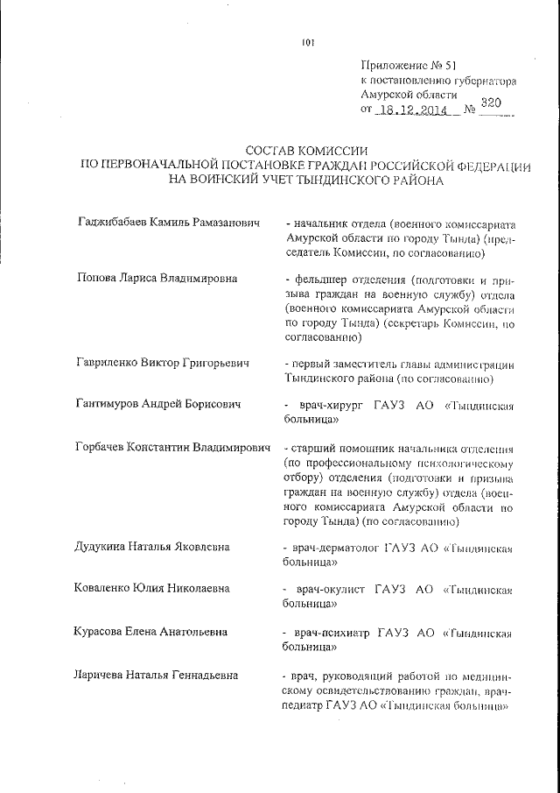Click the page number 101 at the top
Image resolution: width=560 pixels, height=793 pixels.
306,39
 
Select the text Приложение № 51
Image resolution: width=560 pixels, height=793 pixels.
409,66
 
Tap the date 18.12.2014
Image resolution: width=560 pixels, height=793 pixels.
411,110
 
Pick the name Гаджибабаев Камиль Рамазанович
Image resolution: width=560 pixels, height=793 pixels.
170,224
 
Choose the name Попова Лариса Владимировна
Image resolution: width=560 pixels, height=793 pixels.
158,279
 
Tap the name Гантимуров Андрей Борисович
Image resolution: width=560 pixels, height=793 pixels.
160,404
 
